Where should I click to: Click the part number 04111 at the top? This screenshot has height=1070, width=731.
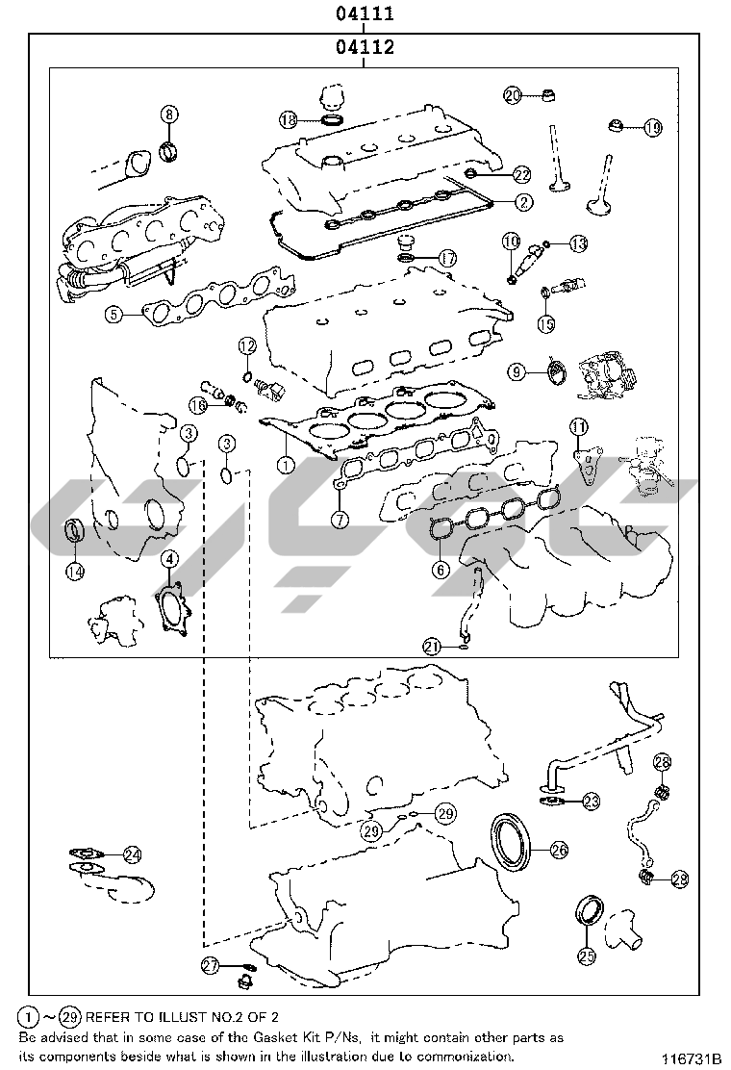(x=365, y=13)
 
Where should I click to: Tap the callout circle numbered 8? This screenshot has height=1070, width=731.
(x=169, y=114)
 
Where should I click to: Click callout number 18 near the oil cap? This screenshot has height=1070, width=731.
(x=290, y=120)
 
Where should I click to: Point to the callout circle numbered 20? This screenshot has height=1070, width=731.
(x=513, y=95)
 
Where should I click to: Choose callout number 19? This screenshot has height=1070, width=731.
(x=652, y=127)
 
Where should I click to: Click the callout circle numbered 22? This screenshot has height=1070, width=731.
(x=521, y=175)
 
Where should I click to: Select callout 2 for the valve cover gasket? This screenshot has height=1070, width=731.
(x=523, y=202)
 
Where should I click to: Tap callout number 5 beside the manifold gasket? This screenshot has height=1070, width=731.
(x=113, y=314)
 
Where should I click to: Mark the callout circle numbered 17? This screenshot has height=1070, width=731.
(x=447, y=259)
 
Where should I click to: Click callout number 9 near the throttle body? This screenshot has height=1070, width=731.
(x=517, y=371)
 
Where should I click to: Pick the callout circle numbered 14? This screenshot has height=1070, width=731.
(x=75, y=571)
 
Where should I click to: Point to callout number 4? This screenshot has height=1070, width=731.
(x=169, y=560)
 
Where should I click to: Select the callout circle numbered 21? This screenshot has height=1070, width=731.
(x=432, y=646)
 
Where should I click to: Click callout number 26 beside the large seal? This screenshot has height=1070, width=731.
(x=559, y=850)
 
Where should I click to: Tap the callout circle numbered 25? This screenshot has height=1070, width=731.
(x=587, y=956)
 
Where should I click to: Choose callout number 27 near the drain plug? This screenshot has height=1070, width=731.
(x=210, y=965)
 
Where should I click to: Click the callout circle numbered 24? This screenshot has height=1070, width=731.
(x=133, y=853)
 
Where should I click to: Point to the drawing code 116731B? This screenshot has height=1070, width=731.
(x=690, y=1059)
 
